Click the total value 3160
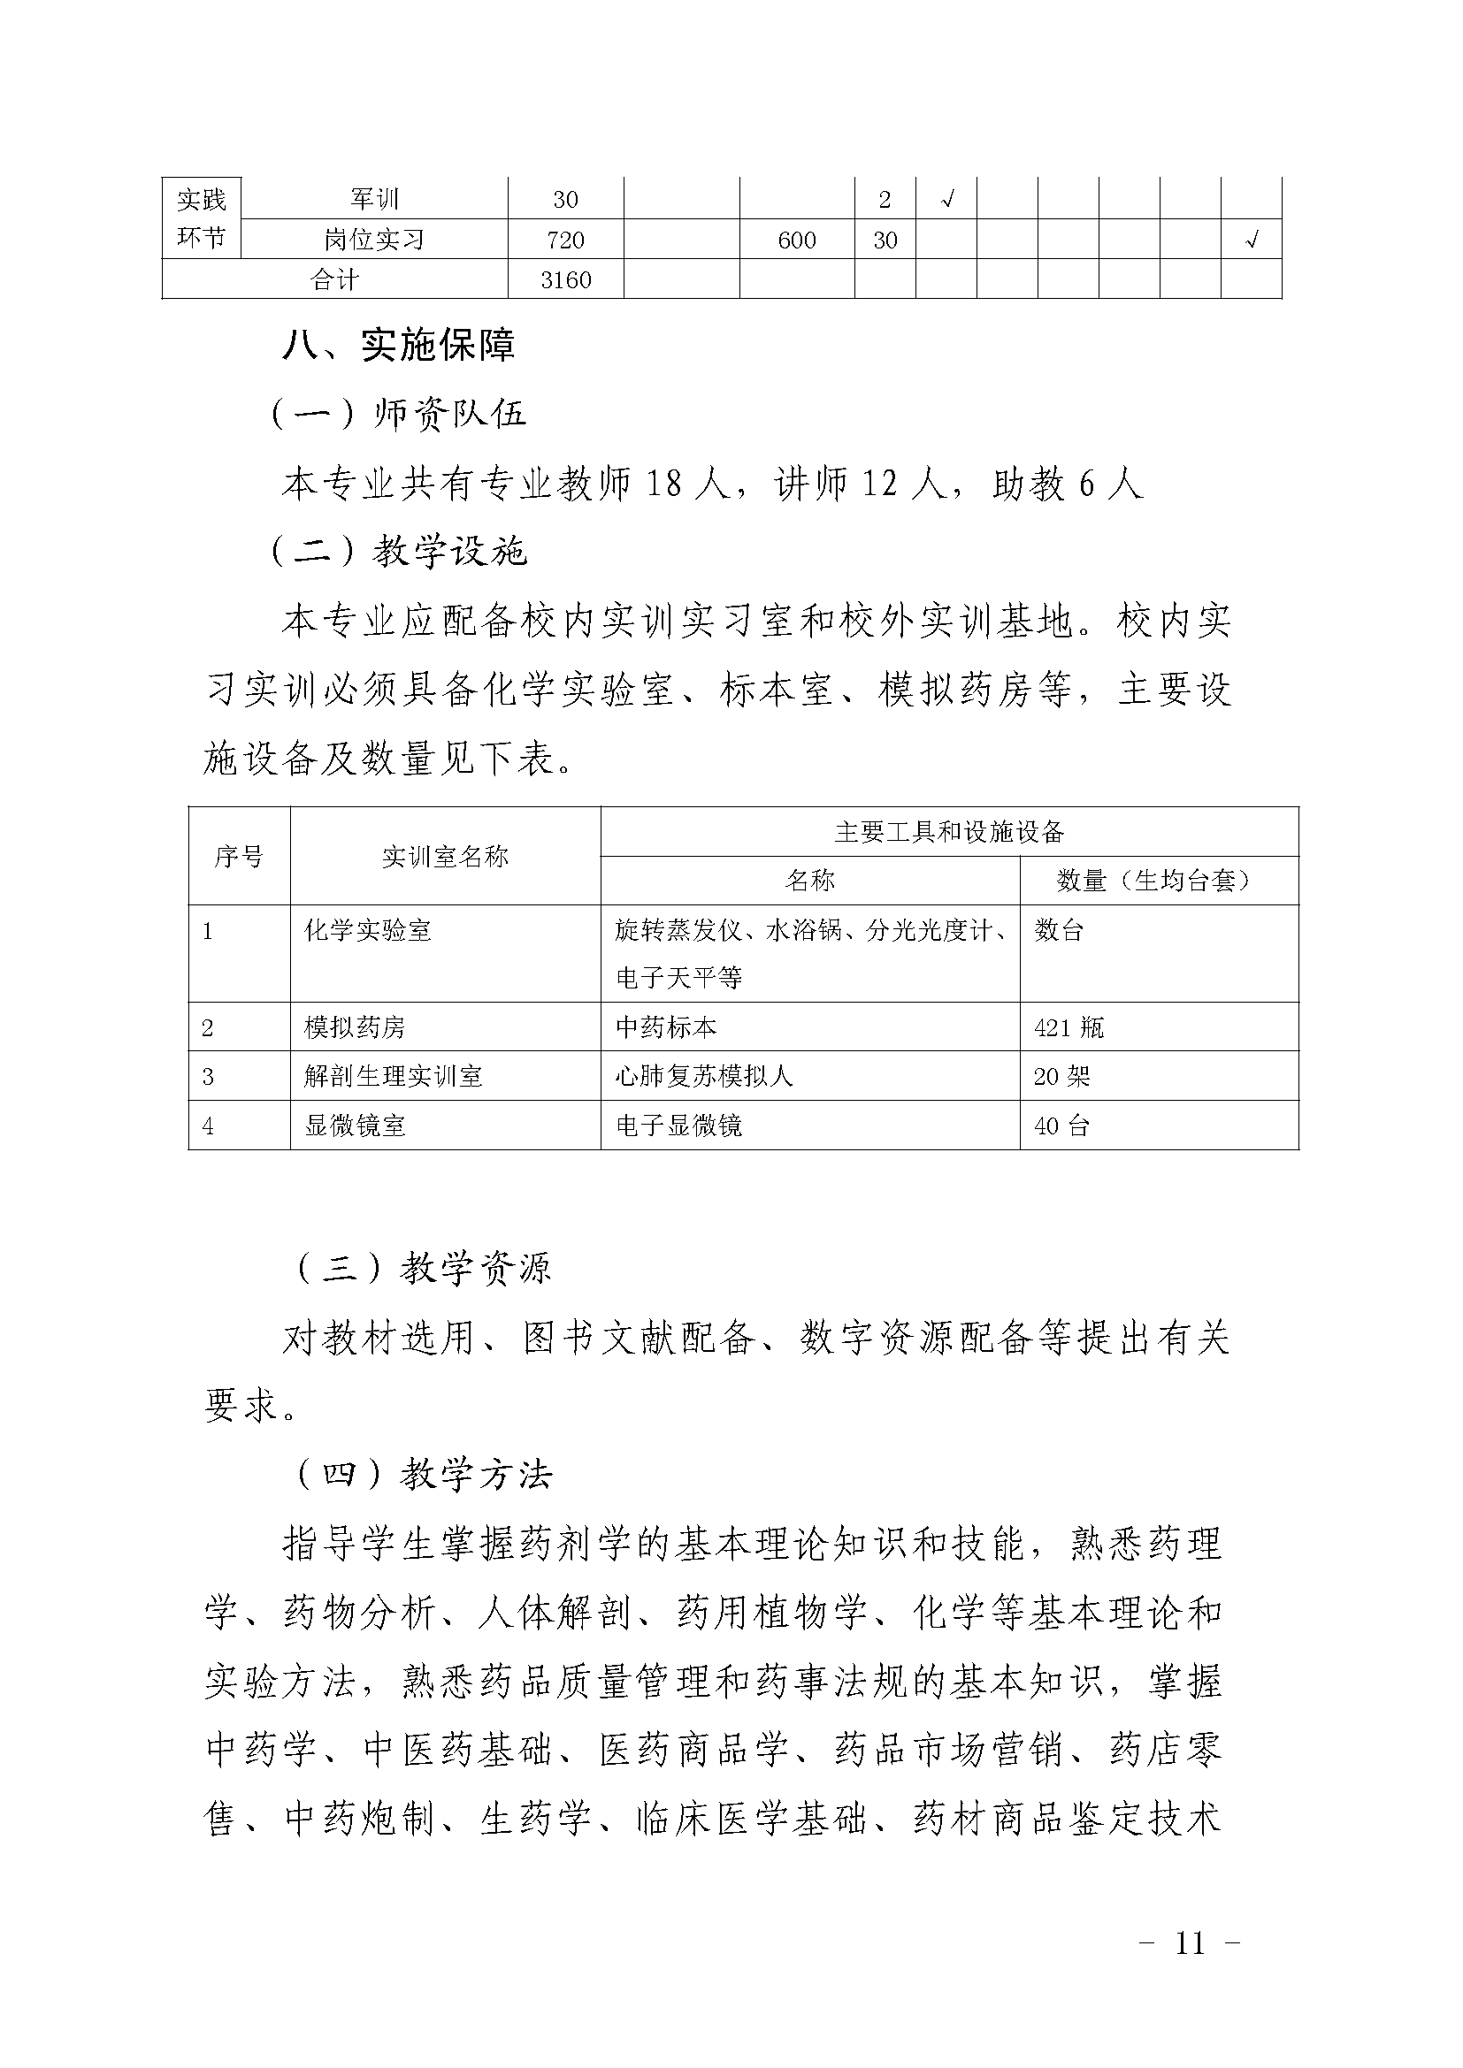point(566,280)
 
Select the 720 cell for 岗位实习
point(566,240)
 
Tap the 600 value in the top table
point(796,240)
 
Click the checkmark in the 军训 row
point(946,200)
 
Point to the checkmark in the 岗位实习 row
point(1252,240)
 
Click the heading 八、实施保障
point(398,346)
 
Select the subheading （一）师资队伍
point(399,415)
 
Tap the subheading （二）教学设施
point(399,551)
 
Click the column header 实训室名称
point(445,857)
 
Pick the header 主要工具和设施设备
point(949,832)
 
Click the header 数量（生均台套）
point(1159,881)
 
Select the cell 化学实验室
point(368,930)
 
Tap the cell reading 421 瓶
point(1069,1027)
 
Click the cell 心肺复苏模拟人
point(703,1076)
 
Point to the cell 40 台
point(1062,1126)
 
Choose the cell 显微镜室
point(355,1126)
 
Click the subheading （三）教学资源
point(425,1268)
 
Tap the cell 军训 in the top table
point(374,200)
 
